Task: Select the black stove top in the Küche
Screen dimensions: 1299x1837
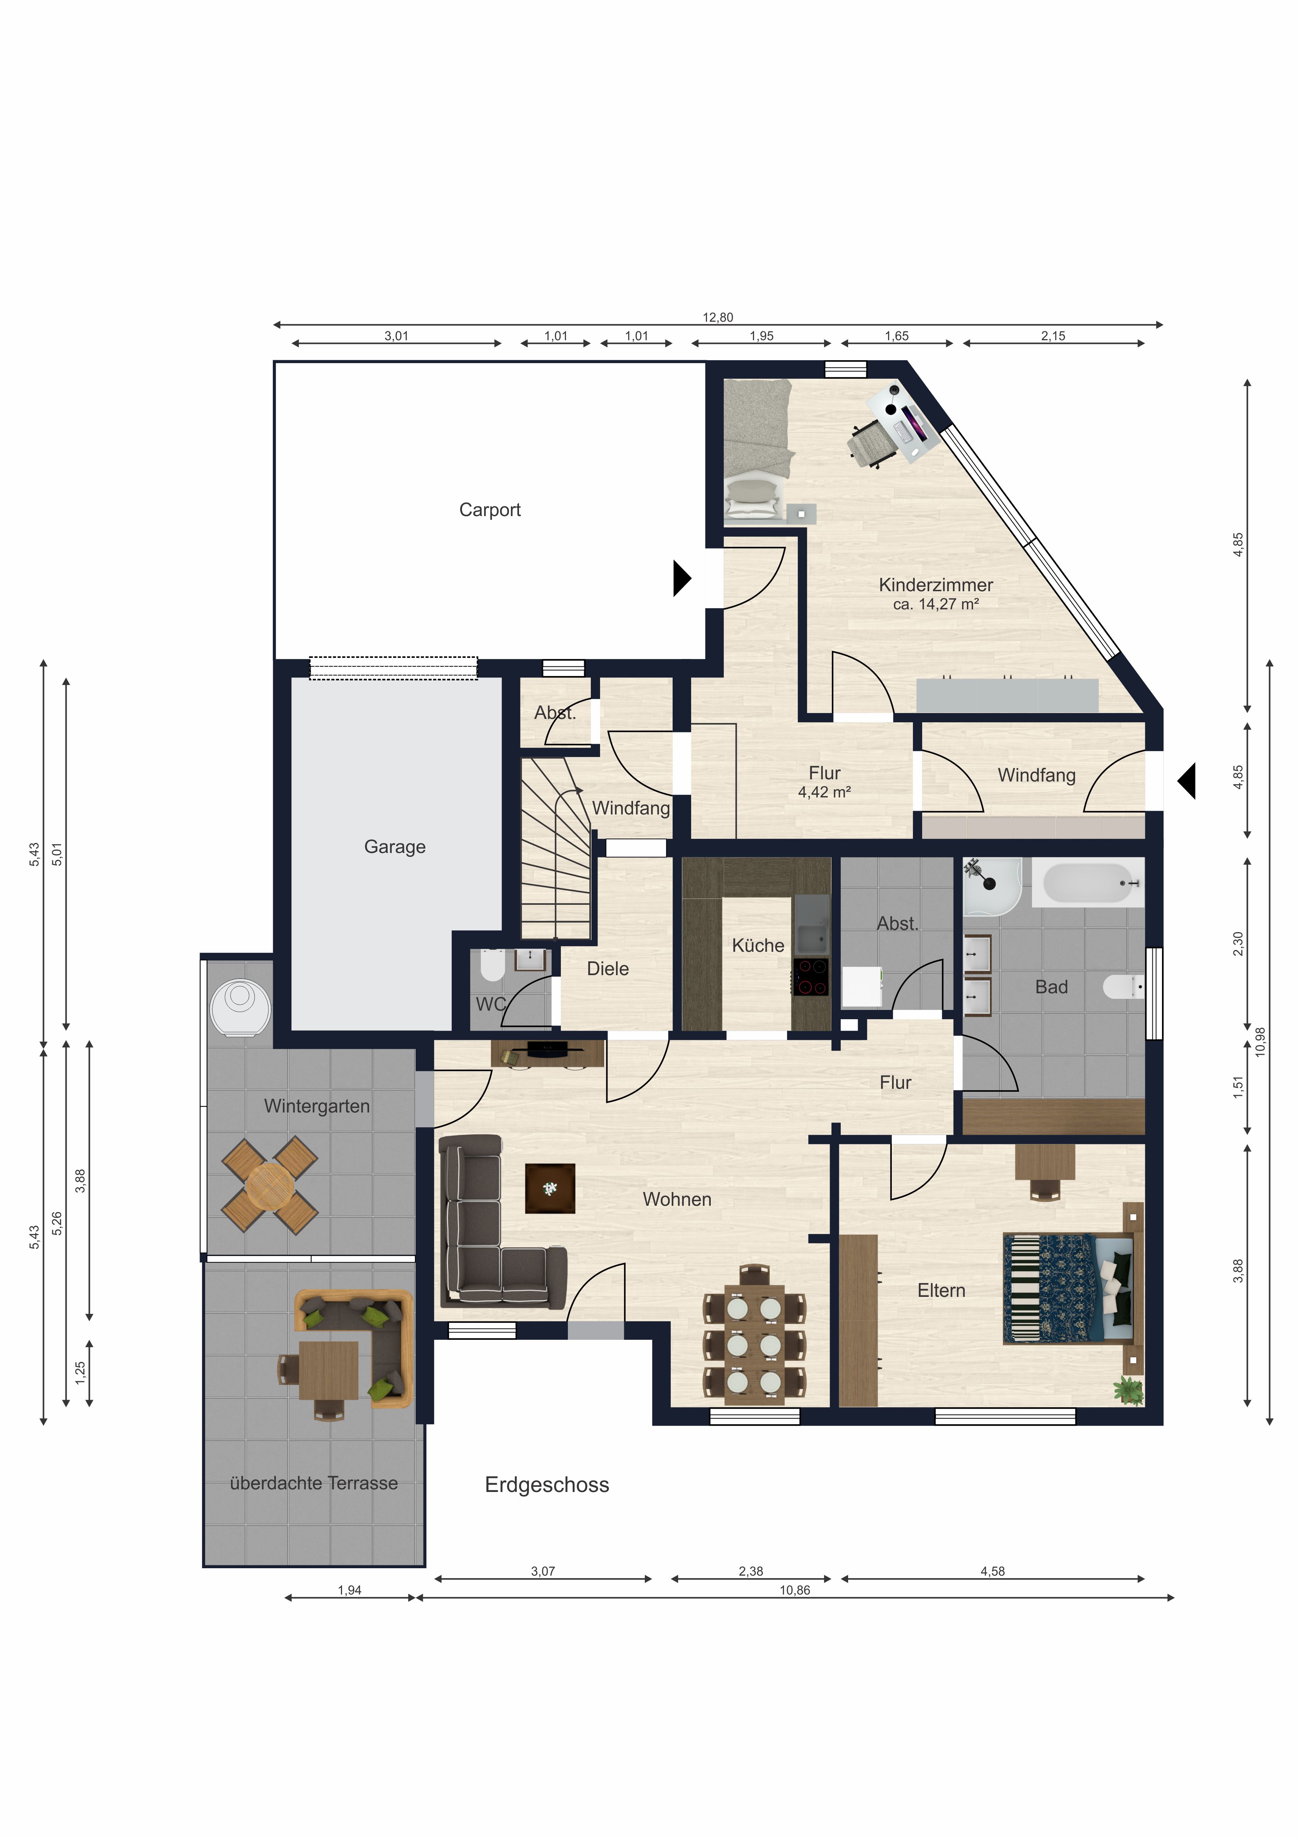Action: pyautogui.click(x=811, y=978)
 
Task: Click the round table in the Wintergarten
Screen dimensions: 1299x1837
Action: pyautogui.click(x=269, y=1186)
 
